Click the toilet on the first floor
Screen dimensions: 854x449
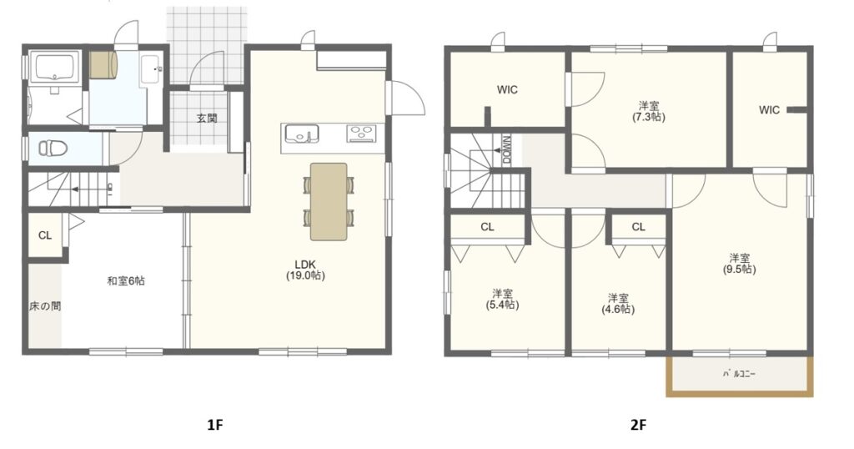pos(53,148)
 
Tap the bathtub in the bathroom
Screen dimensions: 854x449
pos(54,68)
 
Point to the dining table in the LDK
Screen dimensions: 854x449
pos(329,202)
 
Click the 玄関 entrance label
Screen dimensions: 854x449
pos(207,118)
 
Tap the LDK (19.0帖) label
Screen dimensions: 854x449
pos(305,270)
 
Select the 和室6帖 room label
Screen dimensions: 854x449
pos(126,281)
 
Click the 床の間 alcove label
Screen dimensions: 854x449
pos(45,306)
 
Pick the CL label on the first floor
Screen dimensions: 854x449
pos(45,235)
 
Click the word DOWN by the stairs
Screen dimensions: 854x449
pos(507,150)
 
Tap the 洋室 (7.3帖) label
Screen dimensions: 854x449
pos(649,111)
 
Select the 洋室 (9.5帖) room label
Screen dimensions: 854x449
pos(740,263)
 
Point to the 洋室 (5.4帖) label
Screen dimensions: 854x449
pos(502,299)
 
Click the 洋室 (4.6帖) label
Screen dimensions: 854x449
pos(618,304)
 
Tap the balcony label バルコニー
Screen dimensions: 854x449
pos(739,375)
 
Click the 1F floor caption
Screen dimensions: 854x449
pos(216,425)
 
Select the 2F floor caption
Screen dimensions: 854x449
pos(639,425)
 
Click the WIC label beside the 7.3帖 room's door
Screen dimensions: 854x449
pos(507,90)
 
